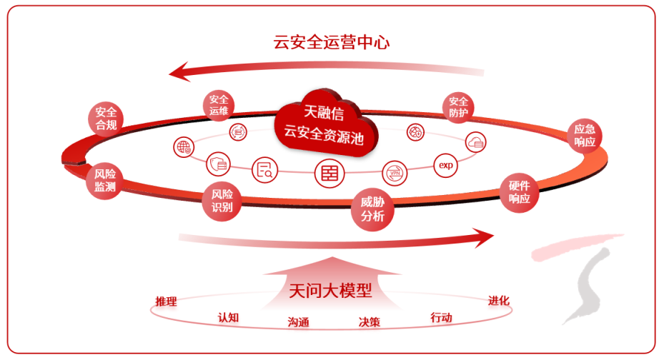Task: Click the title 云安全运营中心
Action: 332,41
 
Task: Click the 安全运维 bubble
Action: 219,105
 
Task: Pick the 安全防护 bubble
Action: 458,106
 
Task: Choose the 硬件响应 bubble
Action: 519,191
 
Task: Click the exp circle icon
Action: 447,165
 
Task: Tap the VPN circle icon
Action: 394,172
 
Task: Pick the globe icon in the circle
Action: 184,147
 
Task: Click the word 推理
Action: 166,301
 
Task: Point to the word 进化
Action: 498,300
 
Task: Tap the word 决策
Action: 369,321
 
